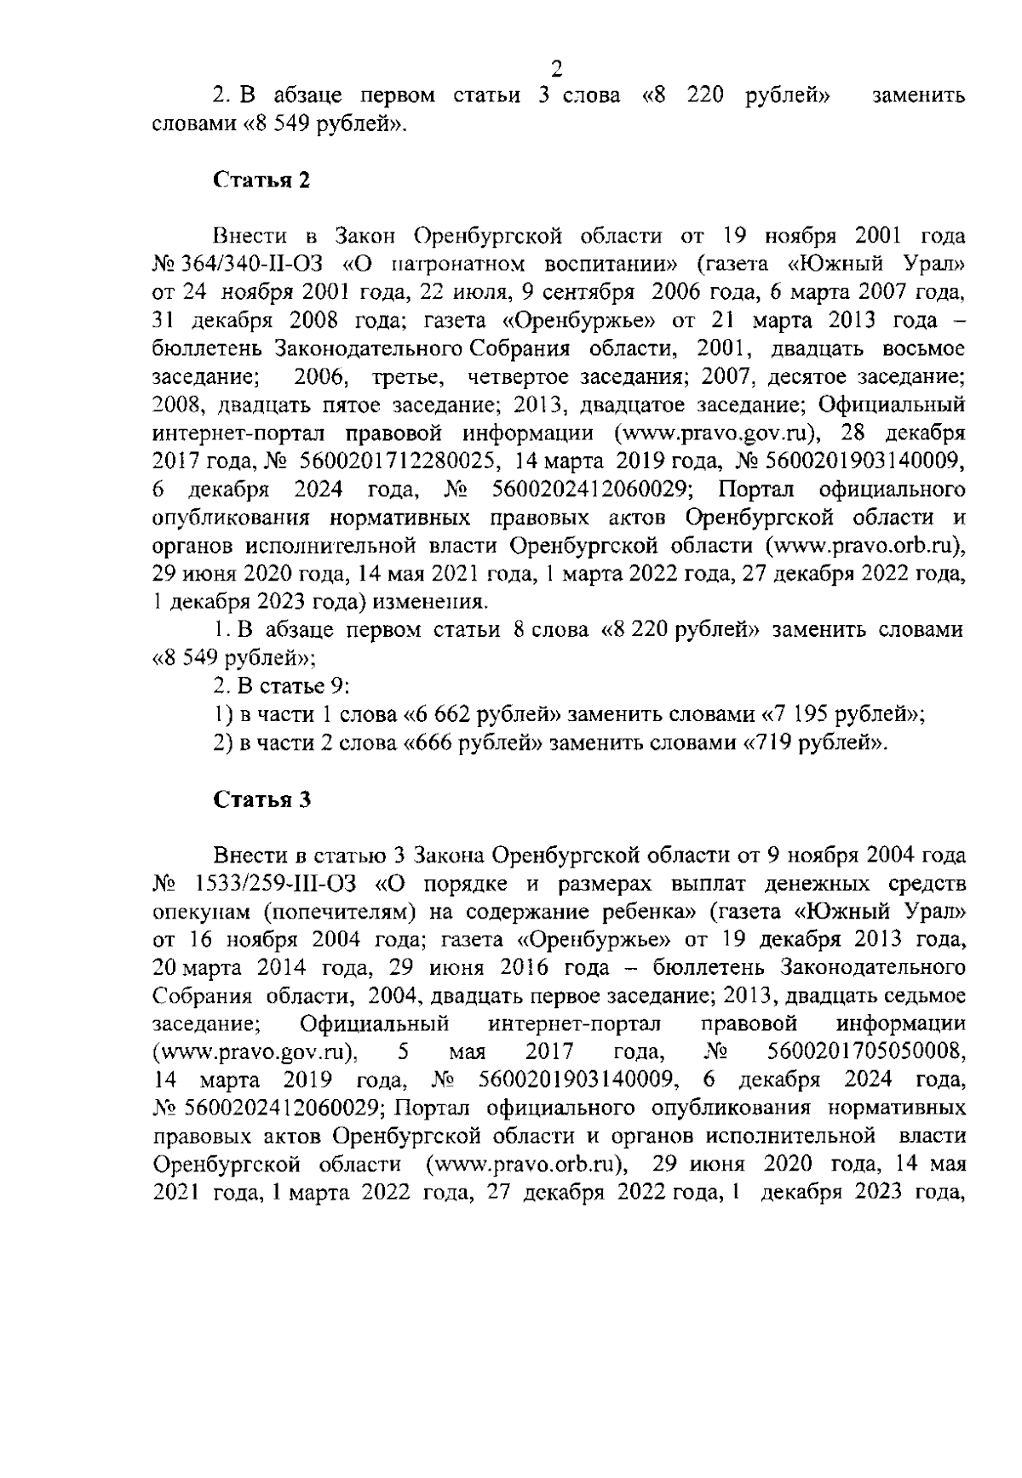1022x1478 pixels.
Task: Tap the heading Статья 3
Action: (x=261, y=800)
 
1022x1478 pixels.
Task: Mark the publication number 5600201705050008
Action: (x=865, y=1052)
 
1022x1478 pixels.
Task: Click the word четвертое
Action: (x=519, y=376)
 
